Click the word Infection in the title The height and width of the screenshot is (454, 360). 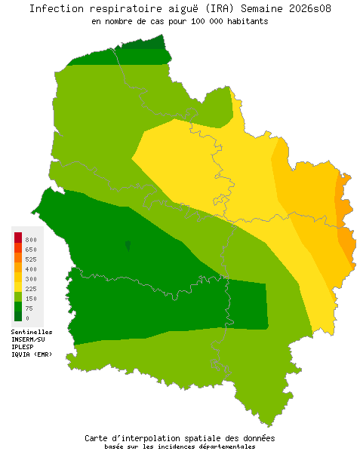[57, 9]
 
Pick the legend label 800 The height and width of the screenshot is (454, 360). [31, 239]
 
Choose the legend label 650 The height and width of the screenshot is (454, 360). [31, 249]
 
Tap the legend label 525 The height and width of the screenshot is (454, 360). [31, 259]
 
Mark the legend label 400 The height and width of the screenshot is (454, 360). [31, 268]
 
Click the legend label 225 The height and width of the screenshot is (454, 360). [31, 289]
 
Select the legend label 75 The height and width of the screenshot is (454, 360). [29, 308]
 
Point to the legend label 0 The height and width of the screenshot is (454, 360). [27, 318]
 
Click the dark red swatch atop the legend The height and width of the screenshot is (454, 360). [18, 238]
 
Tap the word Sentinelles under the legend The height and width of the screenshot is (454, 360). [32, 332]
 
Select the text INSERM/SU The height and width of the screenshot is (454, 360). [28, 339]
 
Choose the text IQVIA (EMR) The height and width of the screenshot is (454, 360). [32, 354]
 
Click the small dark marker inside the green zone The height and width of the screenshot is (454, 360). [128, 246]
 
